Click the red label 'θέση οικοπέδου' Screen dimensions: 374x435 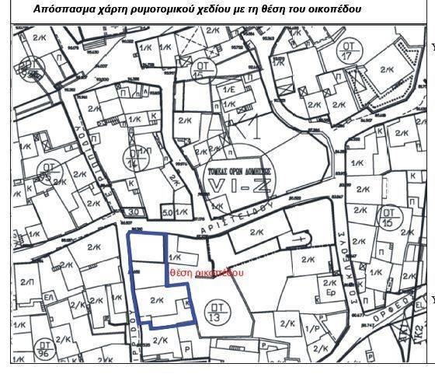[207, 274]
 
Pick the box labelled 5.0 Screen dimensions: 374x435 [167, 211]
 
